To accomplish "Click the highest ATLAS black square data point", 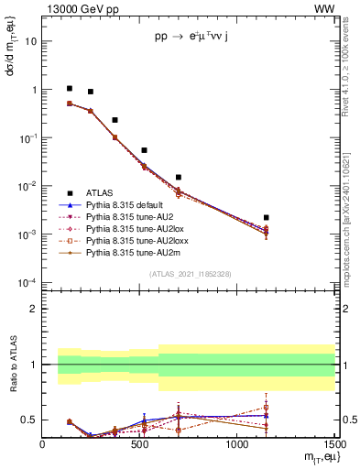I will click(x=70, y=89).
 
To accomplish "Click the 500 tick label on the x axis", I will click(x=139, y=445).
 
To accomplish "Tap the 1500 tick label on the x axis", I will click(x=334, y=445).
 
